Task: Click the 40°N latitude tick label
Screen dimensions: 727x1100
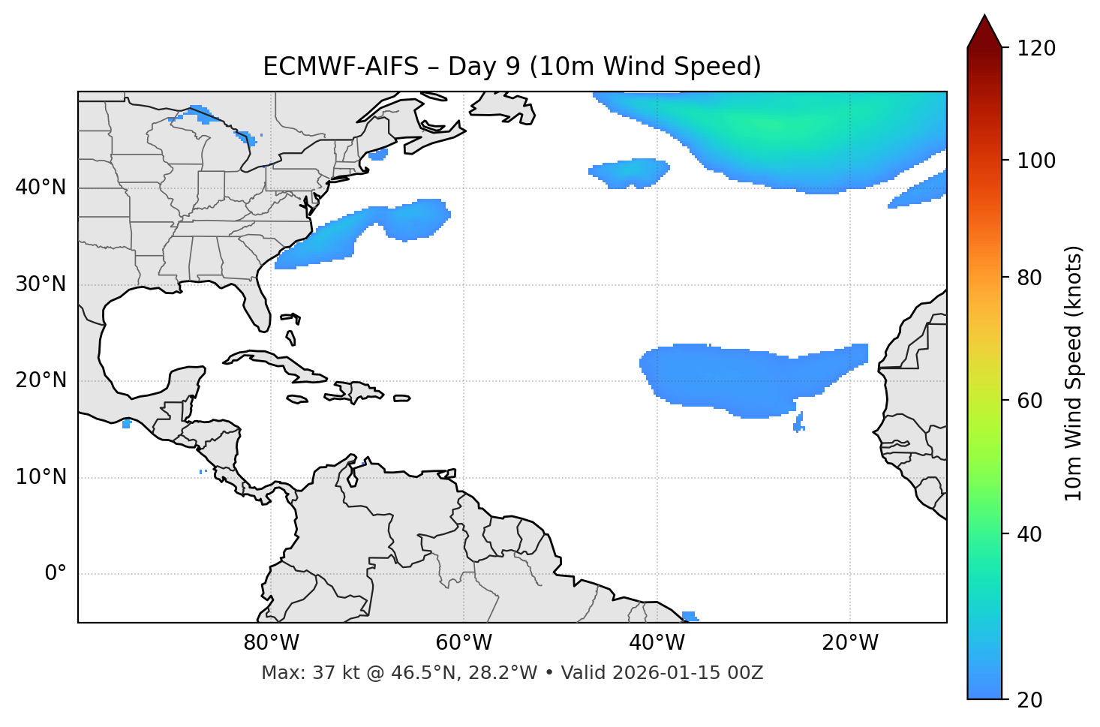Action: pos(41,187)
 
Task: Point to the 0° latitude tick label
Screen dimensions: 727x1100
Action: pos(56,574)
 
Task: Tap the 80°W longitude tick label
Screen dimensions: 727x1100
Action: pos(271,643)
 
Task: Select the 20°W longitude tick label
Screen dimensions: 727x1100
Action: pos(850,643)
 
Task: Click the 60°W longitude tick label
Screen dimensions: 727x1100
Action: pos(464,643)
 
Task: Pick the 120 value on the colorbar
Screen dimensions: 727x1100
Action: pos(1036,48)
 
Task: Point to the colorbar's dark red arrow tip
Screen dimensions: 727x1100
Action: pos(984,18)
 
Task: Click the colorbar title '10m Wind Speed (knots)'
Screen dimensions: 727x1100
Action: pos(1074,373)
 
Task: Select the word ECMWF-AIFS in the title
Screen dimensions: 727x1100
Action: pos(341,67)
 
